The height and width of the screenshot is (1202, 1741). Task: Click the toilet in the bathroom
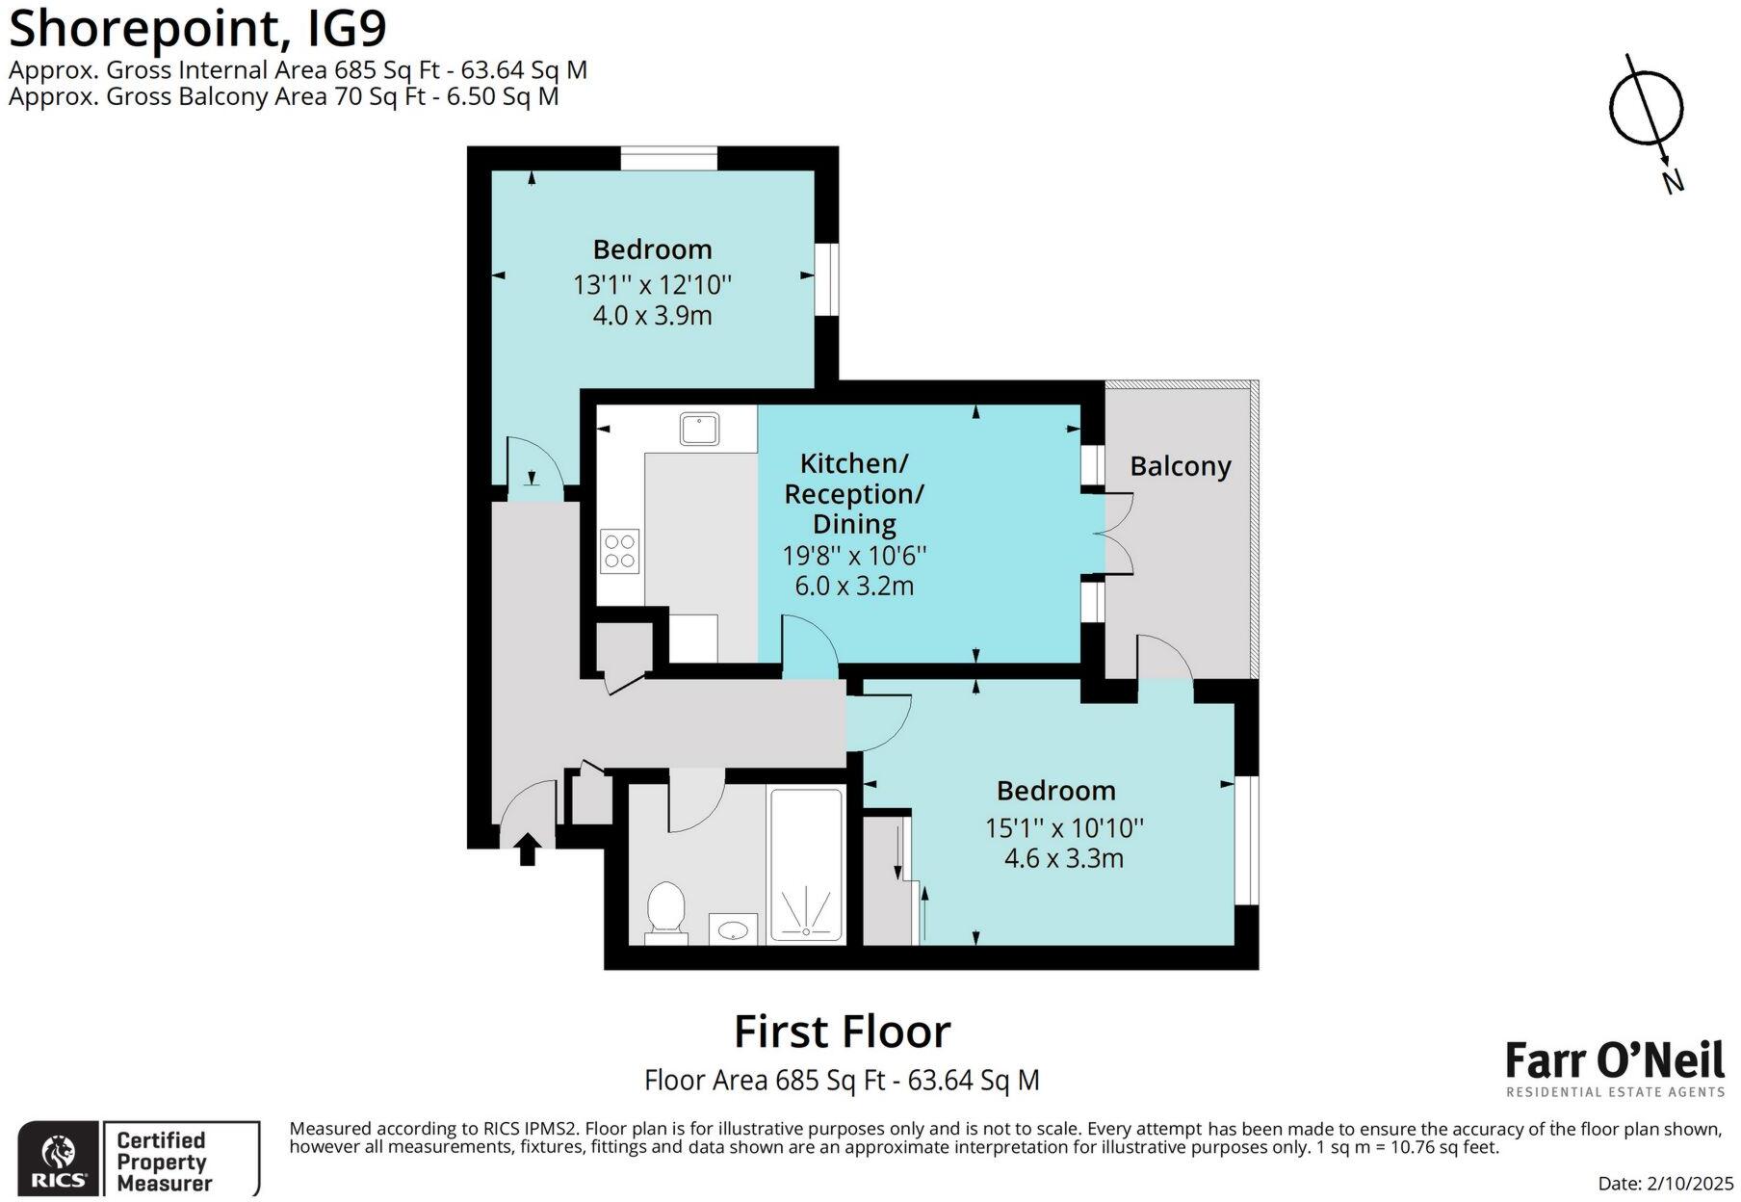pos(665,908)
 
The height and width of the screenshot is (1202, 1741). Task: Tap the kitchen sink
pos(699,429)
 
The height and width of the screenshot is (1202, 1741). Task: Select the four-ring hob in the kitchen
pos(619,552)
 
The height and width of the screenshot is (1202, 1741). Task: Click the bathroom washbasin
pos(735,930)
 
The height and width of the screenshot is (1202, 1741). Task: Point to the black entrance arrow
pos(527,849)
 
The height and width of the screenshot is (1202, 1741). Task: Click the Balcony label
pos(1180,466)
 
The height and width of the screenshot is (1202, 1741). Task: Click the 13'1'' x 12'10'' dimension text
pos(652,285)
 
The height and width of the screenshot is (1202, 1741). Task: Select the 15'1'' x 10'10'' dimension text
pos(1063,827)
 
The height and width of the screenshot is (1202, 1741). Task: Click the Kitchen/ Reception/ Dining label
pos(853,493)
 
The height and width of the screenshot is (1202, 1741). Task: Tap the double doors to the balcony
pos(1117,535)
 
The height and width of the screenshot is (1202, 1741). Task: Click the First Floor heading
pos(842,1032)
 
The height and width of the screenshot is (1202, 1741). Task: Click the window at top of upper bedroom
pos(669,158)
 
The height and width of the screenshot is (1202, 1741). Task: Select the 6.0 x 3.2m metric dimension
pos(853,586)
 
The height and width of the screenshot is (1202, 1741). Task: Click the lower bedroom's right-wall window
pos(1246,840)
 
